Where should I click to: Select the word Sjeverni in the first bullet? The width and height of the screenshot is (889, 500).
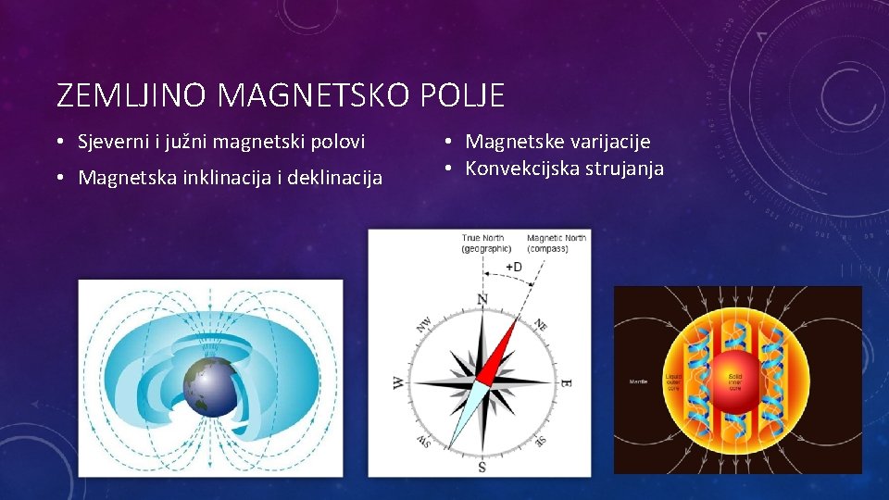111,143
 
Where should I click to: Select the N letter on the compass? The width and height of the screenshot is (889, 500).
482,299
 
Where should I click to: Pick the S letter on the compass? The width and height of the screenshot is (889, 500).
482,468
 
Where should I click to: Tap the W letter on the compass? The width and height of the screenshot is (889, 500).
397,382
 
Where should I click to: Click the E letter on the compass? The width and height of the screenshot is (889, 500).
566,382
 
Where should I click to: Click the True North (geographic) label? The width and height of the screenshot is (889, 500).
486,244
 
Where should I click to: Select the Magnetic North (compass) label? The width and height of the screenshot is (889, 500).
556,244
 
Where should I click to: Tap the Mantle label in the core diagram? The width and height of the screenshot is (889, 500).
638,381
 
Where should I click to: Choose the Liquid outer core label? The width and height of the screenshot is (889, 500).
673,381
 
